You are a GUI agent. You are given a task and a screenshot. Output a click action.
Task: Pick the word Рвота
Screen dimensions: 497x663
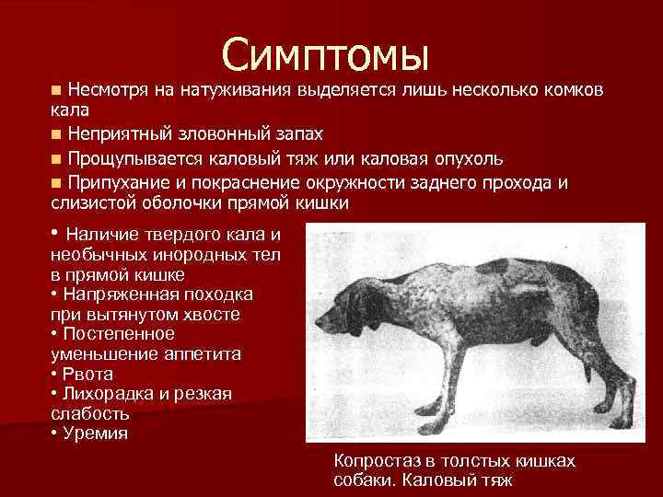87,374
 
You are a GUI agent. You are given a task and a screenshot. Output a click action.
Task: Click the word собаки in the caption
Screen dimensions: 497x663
366,480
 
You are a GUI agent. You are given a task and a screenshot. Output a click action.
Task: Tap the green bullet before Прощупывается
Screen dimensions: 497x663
57,157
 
